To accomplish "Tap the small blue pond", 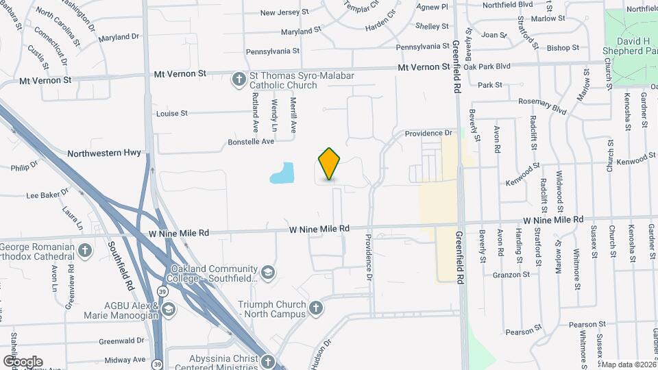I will (283, 173).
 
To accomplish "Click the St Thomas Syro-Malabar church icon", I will (239, 80).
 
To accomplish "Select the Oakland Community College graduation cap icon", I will (269, 273).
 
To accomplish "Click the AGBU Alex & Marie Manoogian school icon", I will (168, 310).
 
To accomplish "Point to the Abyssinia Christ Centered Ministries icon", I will (267, 360).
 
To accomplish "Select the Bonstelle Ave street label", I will (251, 142).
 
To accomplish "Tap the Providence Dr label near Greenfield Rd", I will (429, 133).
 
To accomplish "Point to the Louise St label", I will (172, 114).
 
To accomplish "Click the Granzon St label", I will (511, 274).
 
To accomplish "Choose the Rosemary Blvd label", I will (543, 105).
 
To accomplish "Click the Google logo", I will (22, 362).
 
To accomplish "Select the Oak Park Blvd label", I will (487, 66).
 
